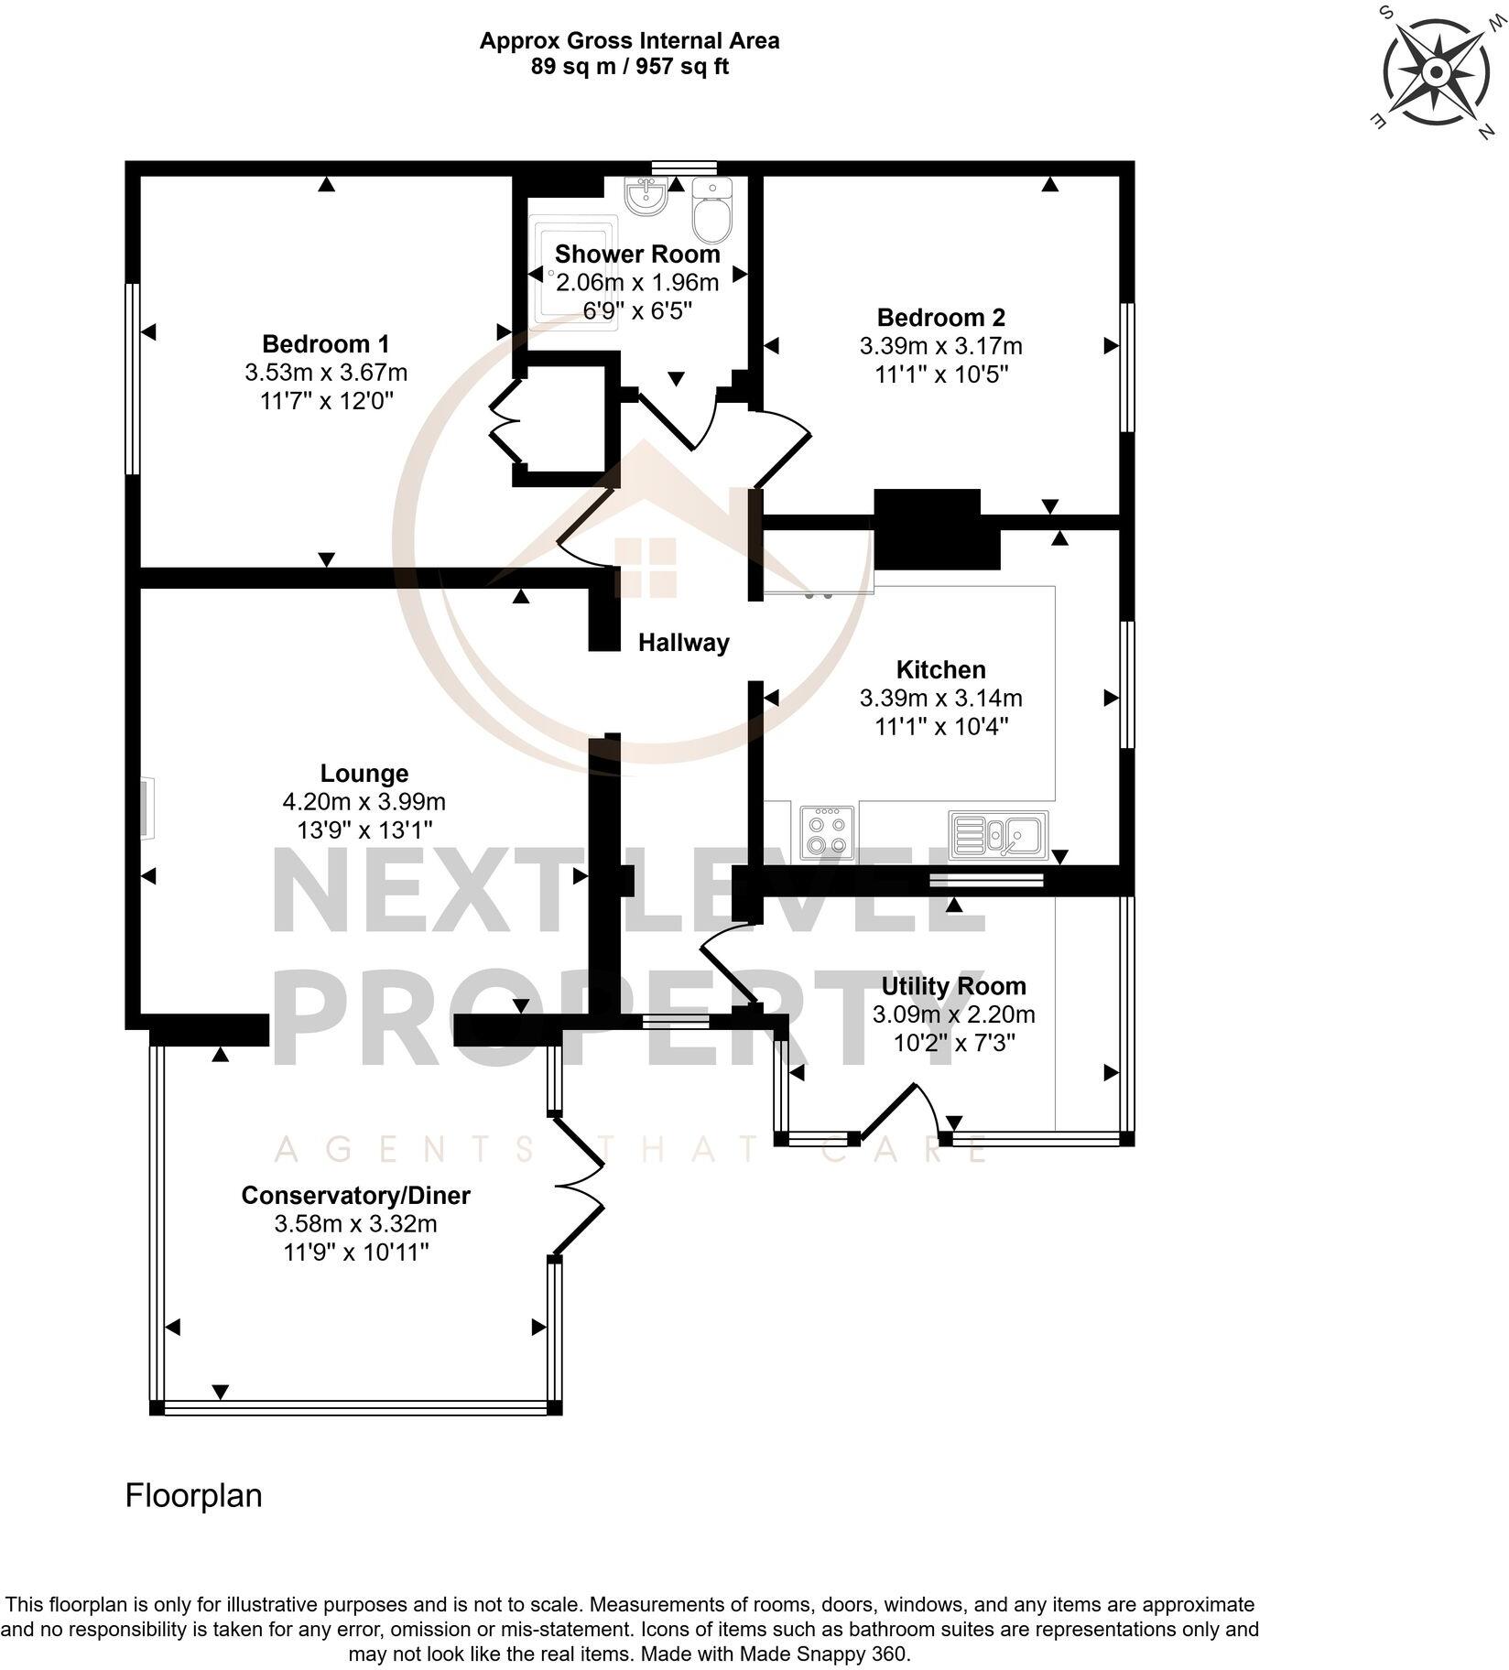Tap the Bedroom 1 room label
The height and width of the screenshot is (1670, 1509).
[325, 344]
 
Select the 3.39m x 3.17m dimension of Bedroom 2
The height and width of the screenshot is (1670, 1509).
[940, 346]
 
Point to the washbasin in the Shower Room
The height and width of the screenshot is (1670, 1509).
[646, 196]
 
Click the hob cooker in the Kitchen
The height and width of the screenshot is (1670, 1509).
[828, 831]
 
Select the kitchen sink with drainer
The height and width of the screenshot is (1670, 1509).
[998, 834]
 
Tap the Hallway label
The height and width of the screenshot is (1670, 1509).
[683, 643]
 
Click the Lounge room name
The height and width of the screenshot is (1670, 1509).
[364, 774]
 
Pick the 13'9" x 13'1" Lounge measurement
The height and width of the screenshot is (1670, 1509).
[364, 830]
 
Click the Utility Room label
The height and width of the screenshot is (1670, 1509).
[953, 986]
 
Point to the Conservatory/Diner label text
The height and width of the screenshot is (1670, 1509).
[355, 1195]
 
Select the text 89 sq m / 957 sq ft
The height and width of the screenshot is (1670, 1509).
[630, 67]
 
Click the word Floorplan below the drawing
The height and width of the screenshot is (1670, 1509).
[193, 1495]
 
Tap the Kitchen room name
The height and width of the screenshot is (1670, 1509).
[940, 669]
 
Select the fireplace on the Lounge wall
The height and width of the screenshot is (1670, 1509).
[147, 808]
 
